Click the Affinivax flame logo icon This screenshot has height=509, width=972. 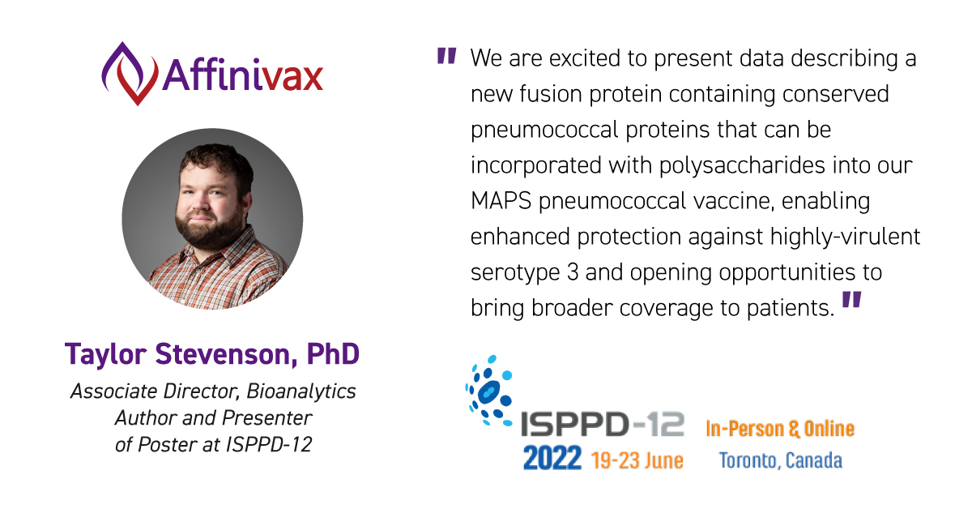(129, 73)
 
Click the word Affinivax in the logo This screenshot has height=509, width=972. (243, 75)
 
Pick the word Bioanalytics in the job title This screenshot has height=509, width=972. (302, 391)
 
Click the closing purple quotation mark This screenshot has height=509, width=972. (851, 301)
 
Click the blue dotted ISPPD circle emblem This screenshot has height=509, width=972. (489, 391)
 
